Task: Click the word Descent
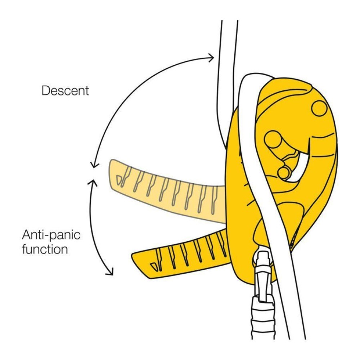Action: point(65,90)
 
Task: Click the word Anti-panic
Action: point(51,236)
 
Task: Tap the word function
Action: point(45,249)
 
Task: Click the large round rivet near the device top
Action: point(319,108)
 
